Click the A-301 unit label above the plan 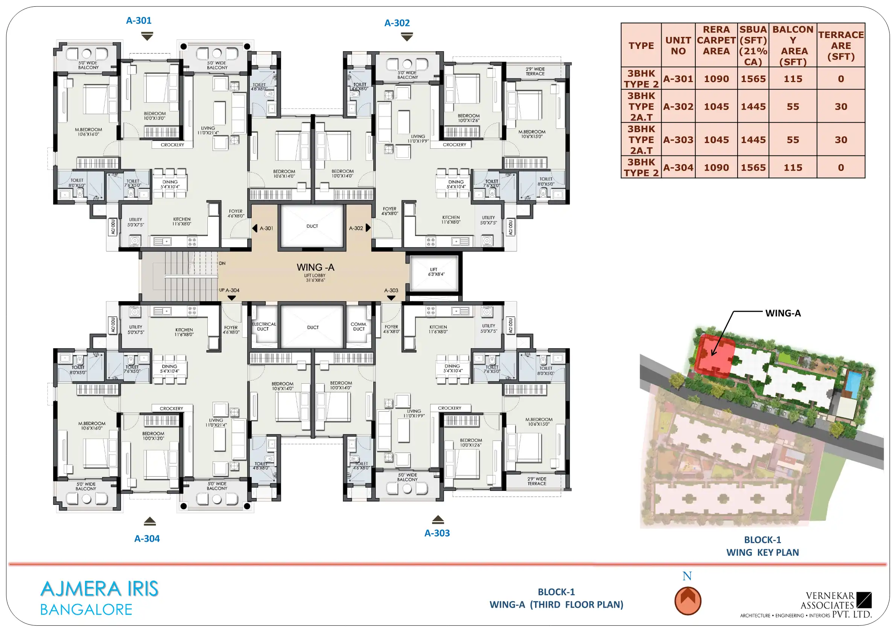(138, 20)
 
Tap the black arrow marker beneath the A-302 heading (407, 37)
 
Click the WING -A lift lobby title (315, 267)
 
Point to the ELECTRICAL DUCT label (264, 326)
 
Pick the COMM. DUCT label (359, 326)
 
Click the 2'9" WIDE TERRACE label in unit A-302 (535, 71)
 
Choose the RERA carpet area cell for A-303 (716, 140)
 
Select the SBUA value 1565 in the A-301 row (753, 79)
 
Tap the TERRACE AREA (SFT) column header (841, 45)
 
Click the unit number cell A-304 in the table (678, 168)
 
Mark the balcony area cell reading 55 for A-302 (793, 107)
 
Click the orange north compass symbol (688, 600)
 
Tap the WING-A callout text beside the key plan (783, 313)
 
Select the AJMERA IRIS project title (99, 589)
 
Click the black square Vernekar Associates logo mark (864, 600)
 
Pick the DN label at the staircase (222, 263)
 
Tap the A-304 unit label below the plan (147, 538)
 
